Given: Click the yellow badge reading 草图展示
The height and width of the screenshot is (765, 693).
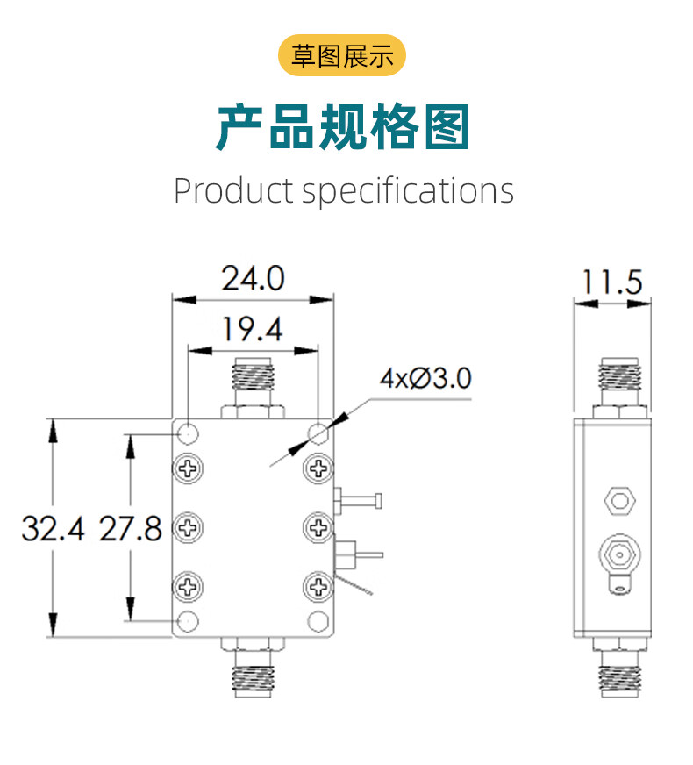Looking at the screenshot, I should [342, 57].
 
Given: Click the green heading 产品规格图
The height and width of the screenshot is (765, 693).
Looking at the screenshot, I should [343, 127].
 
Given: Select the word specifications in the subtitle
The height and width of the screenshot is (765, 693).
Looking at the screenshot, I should [408, 190].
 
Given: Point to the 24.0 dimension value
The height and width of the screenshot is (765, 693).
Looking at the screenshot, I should [253, 279].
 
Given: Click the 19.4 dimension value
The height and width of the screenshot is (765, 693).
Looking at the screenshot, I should [253, 331].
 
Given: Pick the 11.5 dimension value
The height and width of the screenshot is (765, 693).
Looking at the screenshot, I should [612, 282].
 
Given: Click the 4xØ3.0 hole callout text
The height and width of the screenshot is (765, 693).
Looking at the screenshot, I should [425, 379].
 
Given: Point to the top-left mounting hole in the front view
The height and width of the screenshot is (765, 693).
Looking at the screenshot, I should [188, 433].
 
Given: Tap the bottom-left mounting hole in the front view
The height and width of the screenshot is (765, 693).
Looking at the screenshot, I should [188, 621].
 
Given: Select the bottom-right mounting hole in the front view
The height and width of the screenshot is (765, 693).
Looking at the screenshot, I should [318, 621].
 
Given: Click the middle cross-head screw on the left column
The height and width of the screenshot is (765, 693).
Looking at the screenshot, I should [188, 527].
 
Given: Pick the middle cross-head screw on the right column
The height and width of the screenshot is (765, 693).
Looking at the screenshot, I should [318, 527].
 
